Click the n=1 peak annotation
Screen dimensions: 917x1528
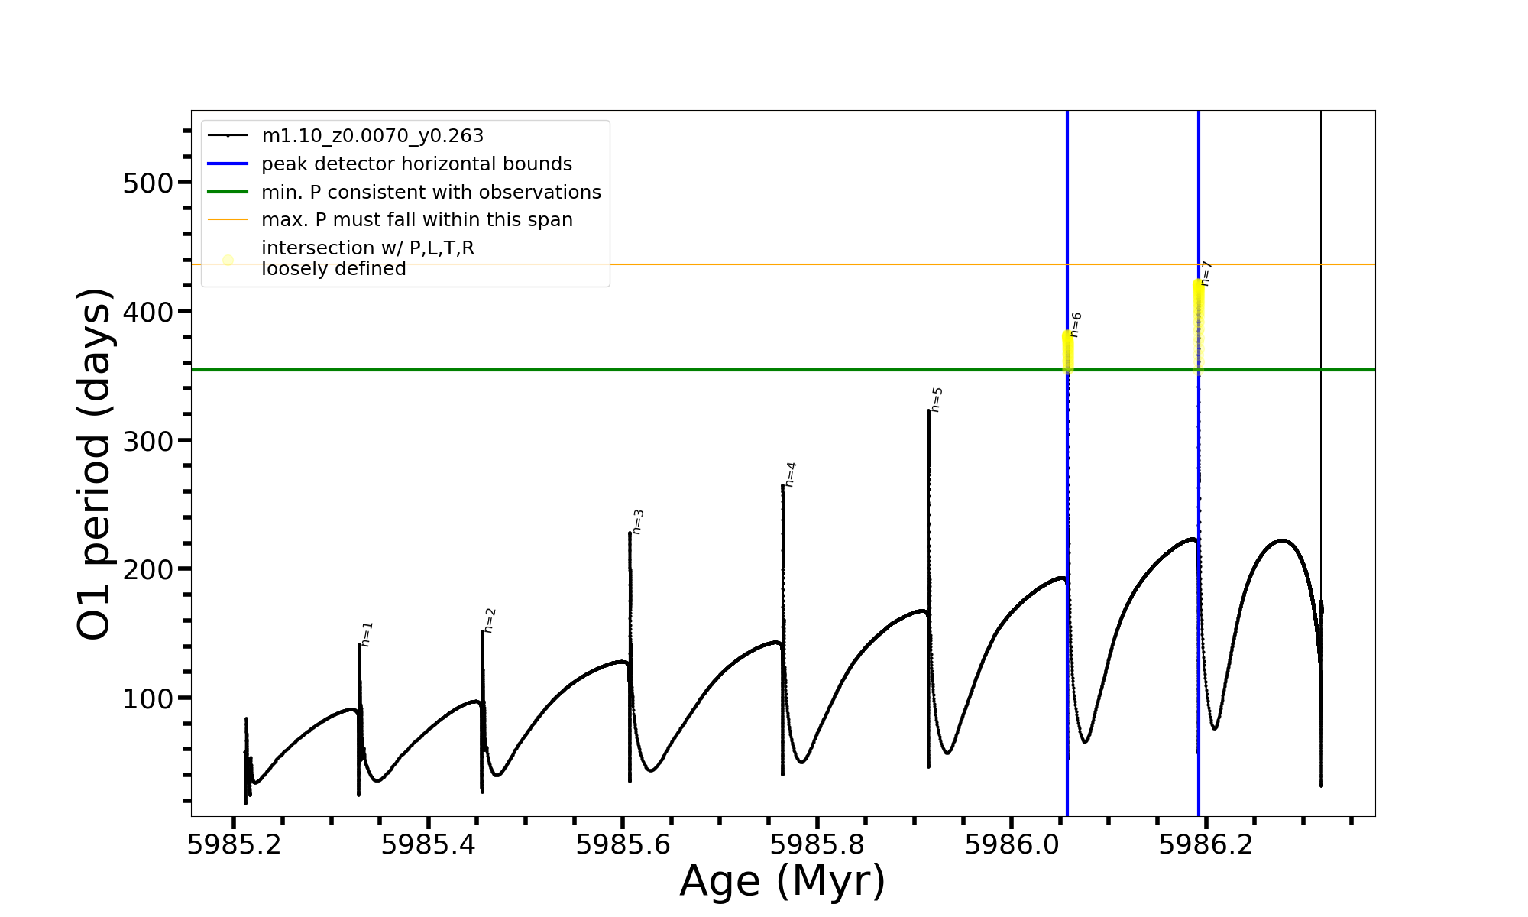coord(367,634)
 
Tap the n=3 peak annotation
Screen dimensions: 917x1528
coord(638,522)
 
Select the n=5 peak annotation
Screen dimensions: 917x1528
coord(937,400)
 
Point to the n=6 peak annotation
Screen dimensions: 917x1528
coord(1076,325)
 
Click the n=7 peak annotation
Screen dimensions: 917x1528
coord(1206,274)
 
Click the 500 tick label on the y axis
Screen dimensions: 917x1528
coord(147,183)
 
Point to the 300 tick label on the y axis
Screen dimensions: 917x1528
coord(147,441)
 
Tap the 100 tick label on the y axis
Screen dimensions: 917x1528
coord(147,698)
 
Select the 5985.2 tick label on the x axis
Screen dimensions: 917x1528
coord(235,844)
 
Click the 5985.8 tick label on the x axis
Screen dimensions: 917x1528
coord(817,844)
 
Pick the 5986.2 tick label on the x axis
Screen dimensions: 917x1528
coord(1206,844)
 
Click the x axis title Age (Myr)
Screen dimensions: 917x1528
coord(782,881)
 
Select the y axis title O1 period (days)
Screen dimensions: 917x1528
coord(95,464)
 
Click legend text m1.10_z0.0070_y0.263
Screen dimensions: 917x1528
coord(372,136)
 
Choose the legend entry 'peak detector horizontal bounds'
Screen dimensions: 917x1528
coord(416,164)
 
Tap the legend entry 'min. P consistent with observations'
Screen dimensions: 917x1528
coord(431,192)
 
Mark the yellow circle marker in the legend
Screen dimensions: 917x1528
coord(228,260)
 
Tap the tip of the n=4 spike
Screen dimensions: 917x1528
coord(783,485)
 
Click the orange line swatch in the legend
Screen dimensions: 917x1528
coord(228,220)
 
